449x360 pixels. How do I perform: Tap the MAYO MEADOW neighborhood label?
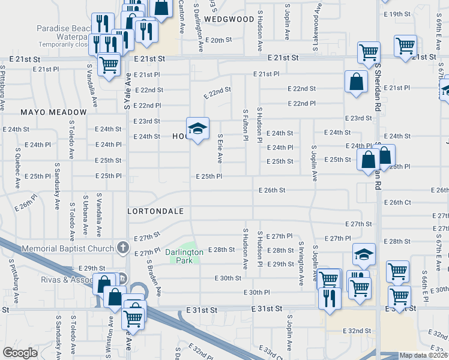pos(53,112)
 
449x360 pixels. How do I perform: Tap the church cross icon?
pos(122,247)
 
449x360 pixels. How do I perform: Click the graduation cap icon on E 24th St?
pos(197,129)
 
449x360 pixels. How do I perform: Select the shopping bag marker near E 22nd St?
pos(356,83)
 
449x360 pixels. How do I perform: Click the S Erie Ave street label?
pos(220,149)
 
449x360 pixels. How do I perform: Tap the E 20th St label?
pos(218,40)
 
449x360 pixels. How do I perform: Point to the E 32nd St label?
pos(357,331)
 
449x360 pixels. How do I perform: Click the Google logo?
pos(20,353)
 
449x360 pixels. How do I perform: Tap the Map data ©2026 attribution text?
pos(423,355)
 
